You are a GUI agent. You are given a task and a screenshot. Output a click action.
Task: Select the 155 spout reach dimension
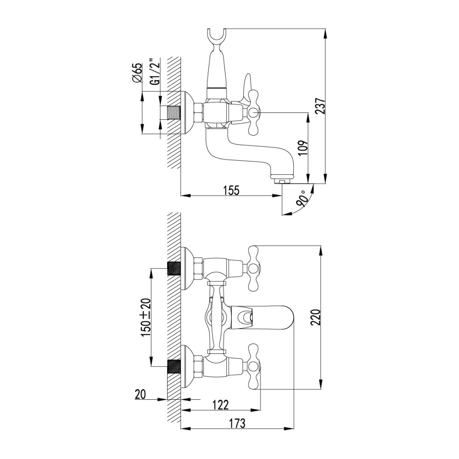tap(231, 190)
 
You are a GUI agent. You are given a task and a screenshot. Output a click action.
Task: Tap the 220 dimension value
tap(316, 317)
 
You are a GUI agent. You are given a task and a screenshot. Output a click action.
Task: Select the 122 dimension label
tap(220, 405)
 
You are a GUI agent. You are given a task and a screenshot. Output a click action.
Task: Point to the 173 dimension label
tap(237, 423)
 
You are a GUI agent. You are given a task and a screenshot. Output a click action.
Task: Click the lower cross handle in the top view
tap(254, 366)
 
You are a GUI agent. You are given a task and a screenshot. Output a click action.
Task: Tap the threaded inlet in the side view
tap(174, 113)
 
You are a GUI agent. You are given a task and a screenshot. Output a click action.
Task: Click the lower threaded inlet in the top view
tap(174, 366)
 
